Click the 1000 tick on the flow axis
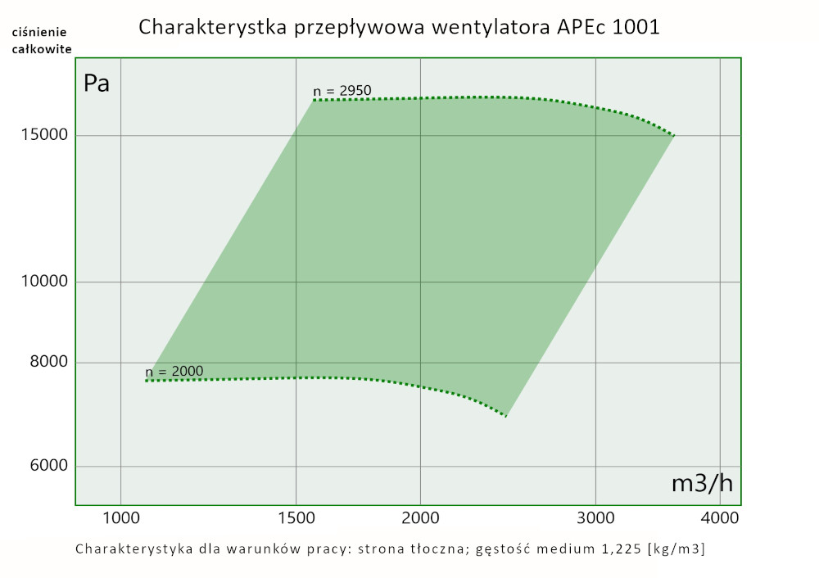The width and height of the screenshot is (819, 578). point(120,518)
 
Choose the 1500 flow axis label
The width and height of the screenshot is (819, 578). point(296,518)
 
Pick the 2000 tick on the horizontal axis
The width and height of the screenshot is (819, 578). point(420,518)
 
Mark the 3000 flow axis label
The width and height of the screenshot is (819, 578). point(595,518)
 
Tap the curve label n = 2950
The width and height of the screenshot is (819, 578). point(342,90)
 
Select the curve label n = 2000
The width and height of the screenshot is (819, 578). point(175,371)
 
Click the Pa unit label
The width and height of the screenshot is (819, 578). point(97,84)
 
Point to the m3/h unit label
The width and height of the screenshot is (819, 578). point(702,483)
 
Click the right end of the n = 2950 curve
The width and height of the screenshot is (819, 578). point(673,134)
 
